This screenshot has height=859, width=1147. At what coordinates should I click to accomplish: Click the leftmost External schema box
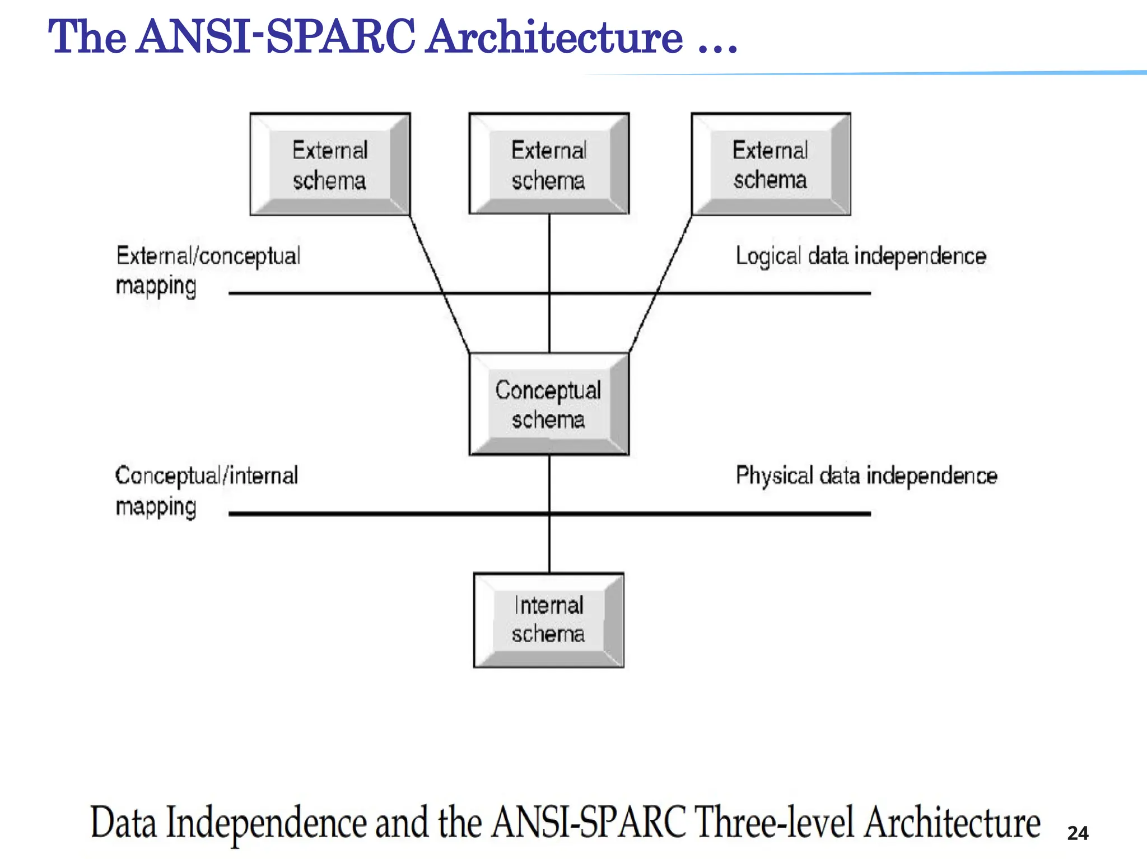coord(330,164)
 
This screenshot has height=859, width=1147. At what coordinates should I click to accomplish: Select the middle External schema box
coord(549,164)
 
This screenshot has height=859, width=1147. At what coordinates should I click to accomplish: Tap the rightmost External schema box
coord(771,164)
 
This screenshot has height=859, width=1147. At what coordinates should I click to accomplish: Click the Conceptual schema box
coord(549,404)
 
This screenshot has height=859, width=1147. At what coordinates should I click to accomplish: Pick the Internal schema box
coord(549,620)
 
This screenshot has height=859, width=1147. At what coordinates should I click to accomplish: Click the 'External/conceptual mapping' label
coord(208,270)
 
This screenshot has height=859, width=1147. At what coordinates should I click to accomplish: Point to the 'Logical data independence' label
coord(860,256)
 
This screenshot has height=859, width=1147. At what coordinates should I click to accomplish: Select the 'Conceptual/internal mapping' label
coord(206,491)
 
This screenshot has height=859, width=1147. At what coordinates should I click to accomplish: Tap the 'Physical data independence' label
coord(866,475)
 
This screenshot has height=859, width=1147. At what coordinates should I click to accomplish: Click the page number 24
coord(1078,833)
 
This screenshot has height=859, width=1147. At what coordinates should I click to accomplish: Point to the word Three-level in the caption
coord(774,823)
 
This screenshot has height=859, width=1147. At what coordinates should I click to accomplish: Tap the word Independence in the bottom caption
coord(267,823)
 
